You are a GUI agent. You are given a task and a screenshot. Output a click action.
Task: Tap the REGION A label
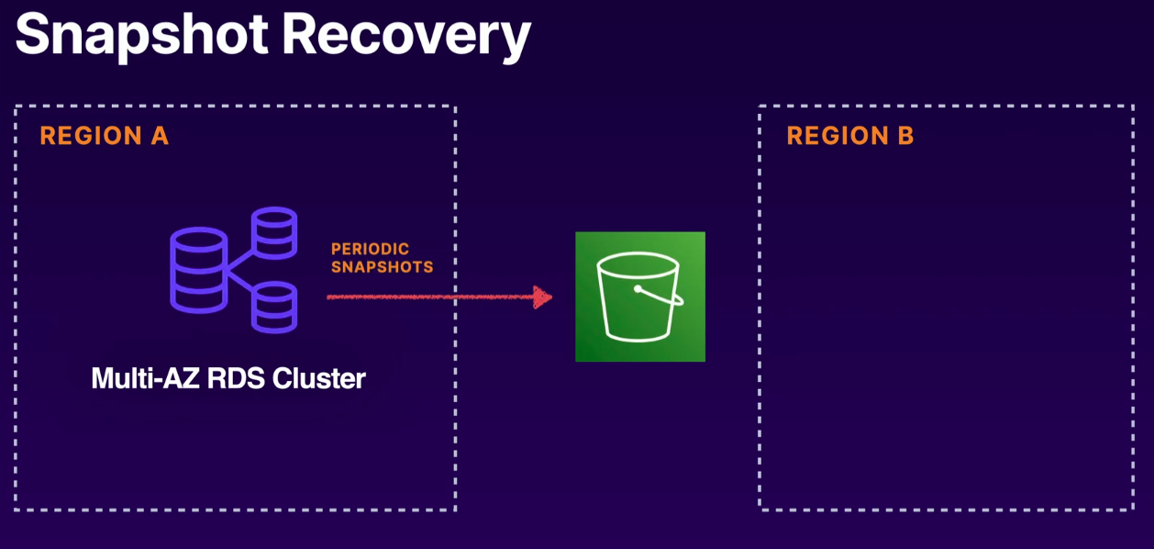click(x=104, y=136)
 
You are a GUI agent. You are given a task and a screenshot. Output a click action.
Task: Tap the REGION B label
click(x=849, y=136)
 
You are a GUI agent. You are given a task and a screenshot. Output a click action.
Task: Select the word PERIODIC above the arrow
click(x=370, y=250)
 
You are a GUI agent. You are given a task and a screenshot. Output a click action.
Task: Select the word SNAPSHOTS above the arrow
click(x=382, y=267)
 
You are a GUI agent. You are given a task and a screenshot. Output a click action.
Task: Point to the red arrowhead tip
click(x=550, y=297)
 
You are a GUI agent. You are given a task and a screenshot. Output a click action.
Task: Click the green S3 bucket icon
click(x=639, y=297)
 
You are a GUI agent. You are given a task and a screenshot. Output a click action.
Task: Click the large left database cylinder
click(x=198, y=269)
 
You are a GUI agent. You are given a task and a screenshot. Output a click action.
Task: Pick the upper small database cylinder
click(x=274, y=233)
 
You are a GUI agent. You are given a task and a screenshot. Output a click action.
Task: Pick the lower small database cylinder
click(x=274, y=307)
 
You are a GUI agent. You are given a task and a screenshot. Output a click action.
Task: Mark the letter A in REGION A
click(x=159, y=136)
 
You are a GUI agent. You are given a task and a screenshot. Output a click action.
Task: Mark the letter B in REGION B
click(x=904, y=136)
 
